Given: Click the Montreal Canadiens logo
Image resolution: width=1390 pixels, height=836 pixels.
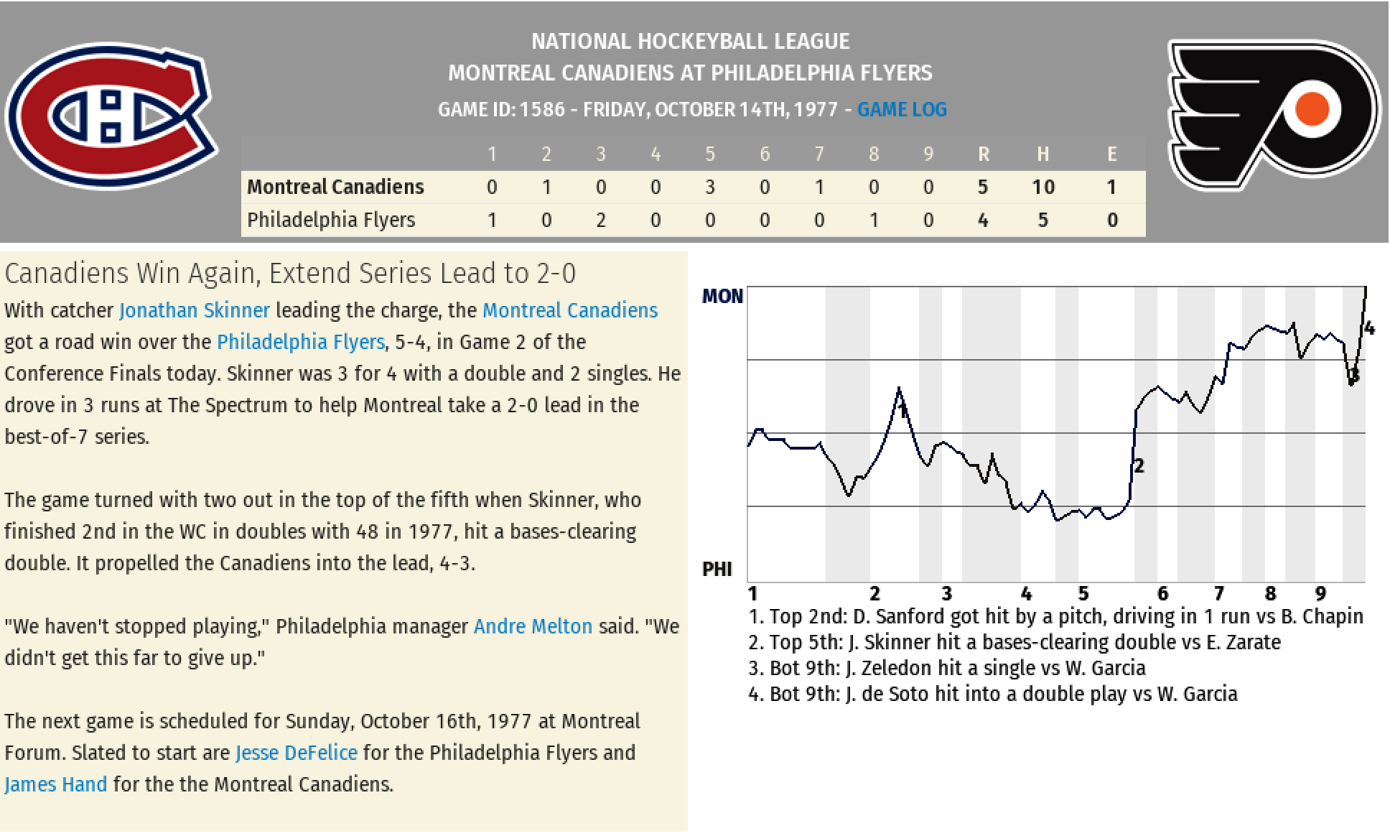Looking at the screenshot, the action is [111, 115].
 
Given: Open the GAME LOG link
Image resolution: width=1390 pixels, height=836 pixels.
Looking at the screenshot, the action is [902, 109].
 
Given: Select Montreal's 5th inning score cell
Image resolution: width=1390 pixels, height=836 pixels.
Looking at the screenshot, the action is [710, 187].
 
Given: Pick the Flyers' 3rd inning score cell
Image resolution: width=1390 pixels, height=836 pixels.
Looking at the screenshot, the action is [601, 220].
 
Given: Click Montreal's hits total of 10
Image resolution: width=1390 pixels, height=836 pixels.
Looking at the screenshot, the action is [1043, 187].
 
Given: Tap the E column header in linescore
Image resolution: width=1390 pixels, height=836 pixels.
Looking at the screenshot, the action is [1112, 154].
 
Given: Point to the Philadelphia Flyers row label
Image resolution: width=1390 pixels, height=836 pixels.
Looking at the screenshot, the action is [331, 220].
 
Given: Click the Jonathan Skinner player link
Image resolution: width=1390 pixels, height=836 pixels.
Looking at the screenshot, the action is [195, 310].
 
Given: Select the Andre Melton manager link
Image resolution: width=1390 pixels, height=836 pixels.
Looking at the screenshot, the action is [533, 626].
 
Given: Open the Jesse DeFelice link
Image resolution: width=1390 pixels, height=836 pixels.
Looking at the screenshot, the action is [297, 753].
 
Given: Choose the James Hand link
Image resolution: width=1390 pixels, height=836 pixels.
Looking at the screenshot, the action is [56, 784].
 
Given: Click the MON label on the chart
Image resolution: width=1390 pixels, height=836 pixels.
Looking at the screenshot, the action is [722, 296].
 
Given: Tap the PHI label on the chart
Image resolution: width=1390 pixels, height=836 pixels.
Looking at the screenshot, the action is [717, 569].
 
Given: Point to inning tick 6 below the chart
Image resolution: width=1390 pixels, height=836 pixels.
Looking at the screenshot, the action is [1162, 594].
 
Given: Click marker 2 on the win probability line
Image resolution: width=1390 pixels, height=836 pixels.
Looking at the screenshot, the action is [1139, 466].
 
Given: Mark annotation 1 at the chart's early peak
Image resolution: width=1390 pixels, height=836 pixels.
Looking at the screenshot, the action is [902, 410].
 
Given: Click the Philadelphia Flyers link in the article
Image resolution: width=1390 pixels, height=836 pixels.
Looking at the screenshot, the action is [301, 342].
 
